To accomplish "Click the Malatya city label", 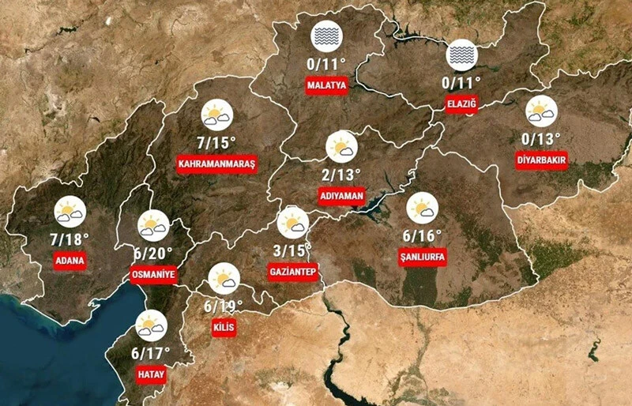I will [x=326, y=85].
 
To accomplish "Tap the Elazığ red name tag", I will [x=461, y=103].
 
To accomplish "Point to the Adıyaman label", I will [x=341, y=194].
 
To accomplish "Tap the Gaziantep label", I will [x=292, y=272].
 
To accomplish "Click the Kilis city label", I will [x=224, y=328].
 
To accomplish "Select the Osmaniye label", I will [x=152, y=273].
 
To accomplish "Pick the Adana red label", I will [x=70, y=260].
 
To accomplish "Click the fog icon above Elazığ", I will [x=461, y=55].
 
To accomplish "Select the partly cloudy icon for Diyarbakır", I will [x=541, y=111].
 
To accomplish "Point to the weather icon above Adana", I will [x=70, y=212].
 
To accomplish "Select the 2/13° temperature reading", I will [x=341, y=174].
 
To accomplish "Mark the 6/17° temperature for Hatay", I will [x=150, y=352].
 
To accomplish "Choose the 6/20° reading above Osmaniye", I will [x=153, y=253].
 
